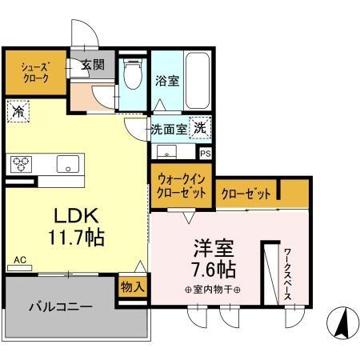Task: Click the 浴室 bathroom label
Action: tap(166, 81)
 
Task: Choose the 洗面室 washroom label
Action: tap(169, 127)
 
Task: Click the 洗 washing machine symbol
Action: tap(203, 126)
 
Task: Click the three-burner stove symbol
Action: tap(21, 163)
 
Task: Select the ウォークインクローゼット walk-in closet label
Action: tap(180, 186)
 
